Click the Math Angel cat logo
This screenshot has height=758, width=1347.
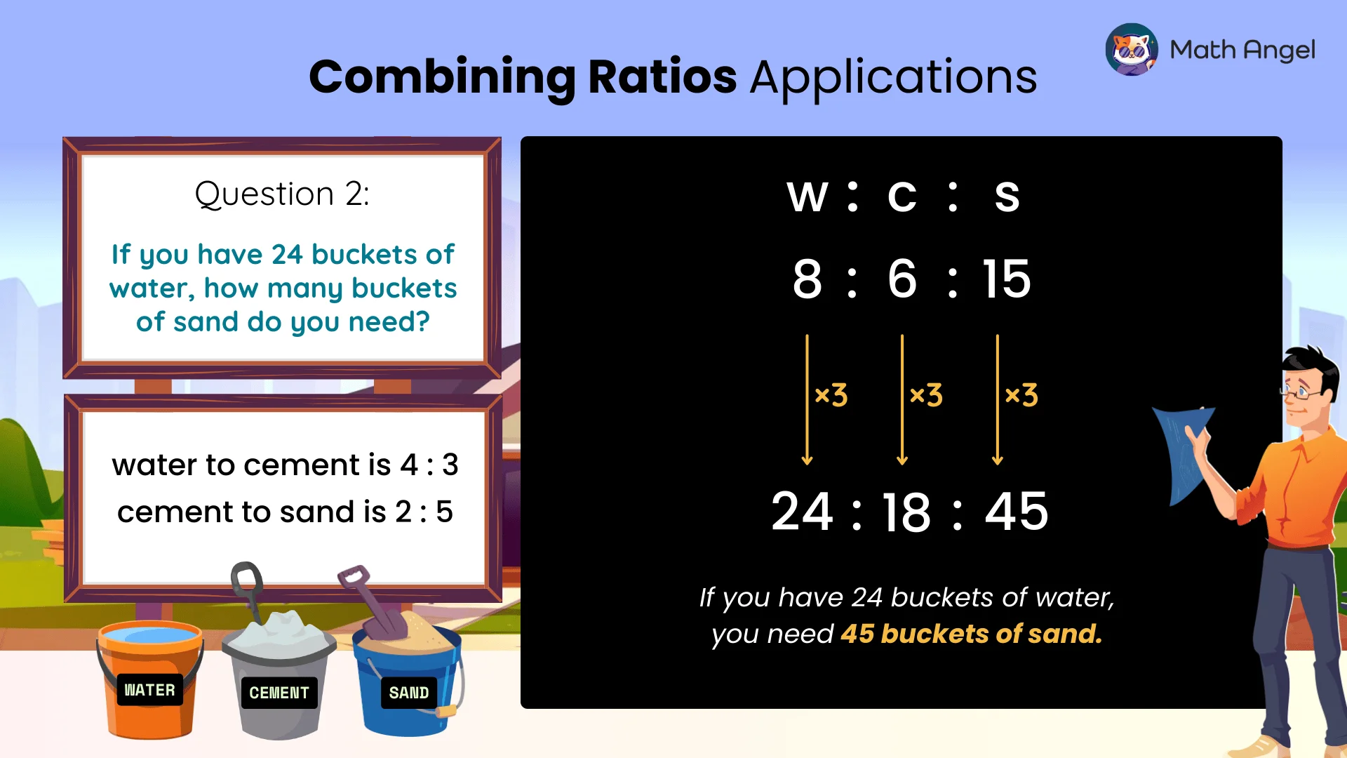coord(1131,49)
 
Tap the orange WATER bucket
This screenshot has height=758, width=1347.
coord(149,681)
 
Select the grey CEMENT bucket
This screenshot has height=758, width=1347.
coord(279,684)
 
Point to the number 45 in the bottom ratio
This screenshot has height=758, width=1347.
coord(1017,512)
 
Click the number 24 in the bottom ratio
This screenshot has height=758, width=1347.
coord(802,512)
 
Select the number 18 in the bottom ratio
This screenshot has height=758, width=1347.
coord(906,512)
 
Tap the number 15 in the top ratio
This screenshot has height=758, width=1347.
coord(1006,279)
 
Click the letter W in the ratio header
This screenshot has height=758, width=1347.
coord(807,197)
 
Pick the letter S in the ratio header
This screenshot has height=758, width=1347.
coord(1007,197)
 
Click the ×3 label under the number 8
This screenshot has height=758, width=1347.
coord(831,395)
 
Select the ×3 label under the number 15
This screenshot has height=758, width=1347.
coord(1021,395)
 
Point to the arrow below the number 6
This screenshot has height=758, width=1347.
coord(902,400)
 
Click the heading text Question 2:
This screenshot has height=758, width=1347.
coord(282,194)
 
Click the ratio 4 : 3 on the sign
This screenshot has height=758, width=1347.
coord(429,465)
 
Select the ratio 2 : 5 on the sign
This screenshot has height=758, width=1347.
coord(424,512)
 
